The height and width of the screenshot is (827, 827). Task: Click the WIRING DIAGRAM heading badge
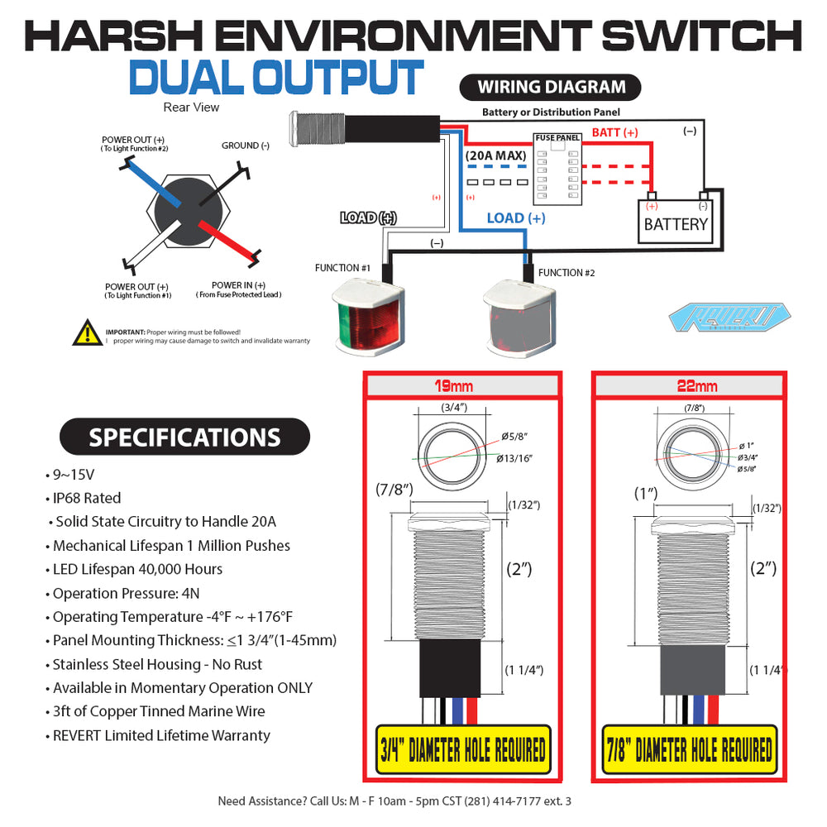[552, 87]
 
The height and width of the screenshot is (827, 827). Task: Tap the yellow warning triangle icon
[87, 332]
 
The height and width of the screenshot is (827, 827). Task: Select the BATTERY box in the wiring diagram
[676, 222]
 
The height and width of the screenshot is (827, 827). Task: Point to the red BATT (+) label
[614, 132]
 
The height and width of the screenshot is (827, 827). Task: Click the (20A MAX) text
[495, 155]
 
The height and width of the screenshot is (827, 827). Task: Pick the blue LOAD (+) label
[515, 218]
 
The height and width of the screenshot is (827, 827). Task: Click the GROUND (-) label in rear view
[246, 146]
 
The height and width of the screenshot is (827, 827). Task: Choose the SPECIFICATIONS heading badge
[184, 437]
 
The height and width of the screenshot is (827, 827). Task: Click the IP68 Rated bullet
[87, 498]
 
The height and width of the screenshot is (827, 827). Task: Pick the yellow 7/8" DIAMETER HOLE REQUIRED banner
[689, 750]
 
